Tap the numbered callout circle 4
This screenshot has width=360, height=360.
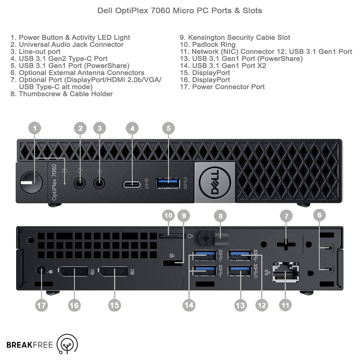(132, 128)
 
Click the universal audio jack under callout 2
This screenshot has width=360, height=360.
(80, 183)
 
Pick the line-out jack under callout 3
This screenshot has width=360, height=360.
(100, 183)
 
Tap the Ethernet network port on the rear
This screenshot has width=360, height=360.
(286, 271)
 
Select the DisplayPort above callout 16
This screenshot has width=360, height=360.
(73, 272)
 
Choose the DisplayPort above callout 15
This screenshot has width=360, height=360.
(113, 272)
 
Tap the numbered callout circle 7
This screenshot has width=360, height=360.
(287, 216)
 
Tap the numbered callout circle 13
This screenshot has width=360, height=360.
(240, 305)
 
